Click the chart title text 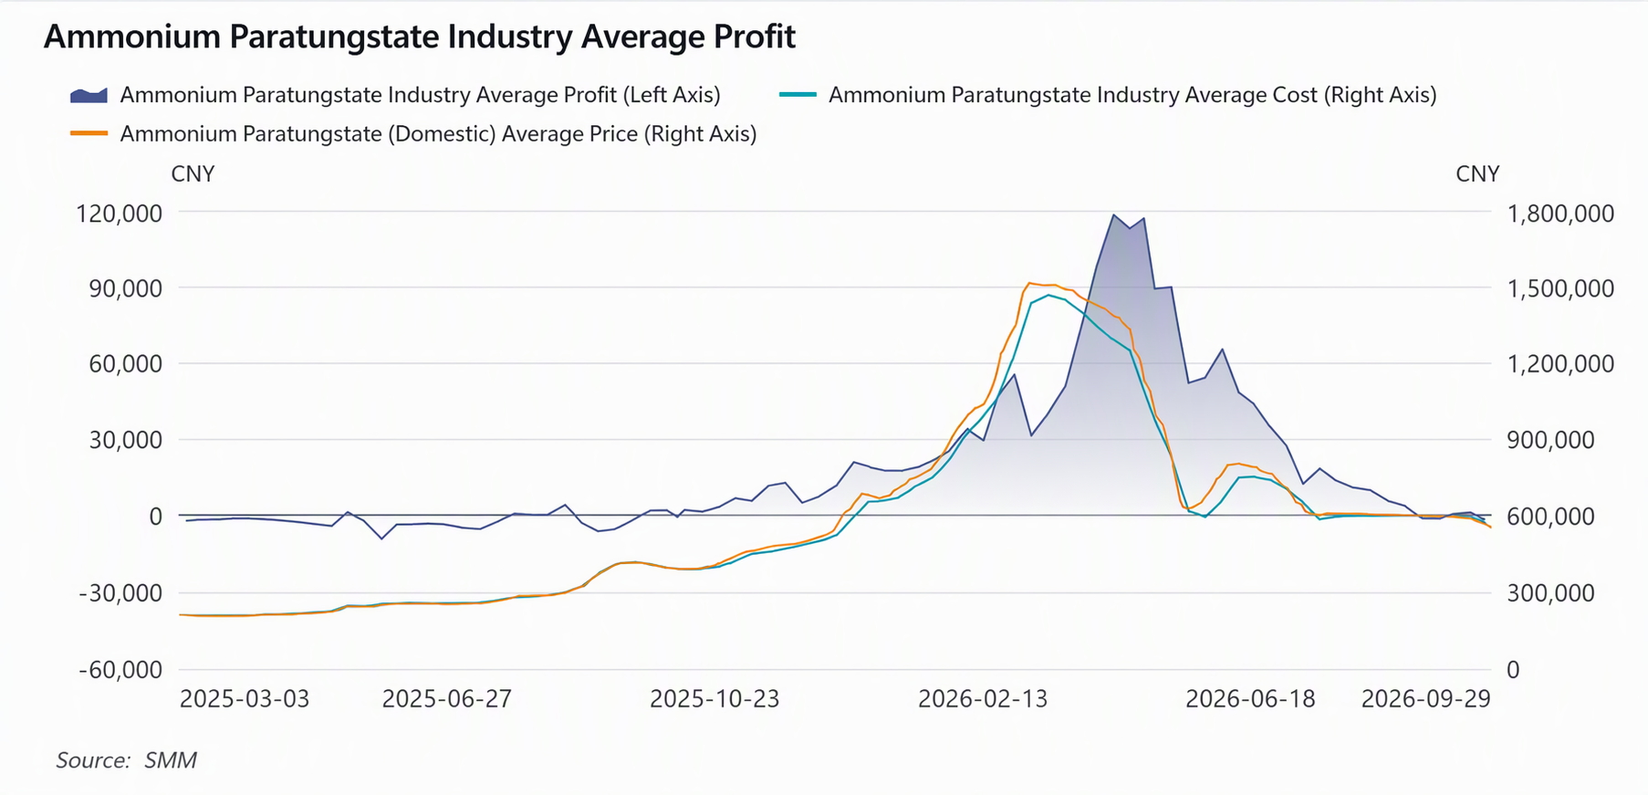(420, 37)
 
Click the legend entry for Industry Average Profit (395, 95)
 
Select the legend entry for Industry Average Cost (1108, 95)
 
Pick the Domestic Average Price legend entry (413, 134)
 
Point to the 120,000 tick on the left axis (120, 214)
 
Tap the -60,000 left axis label (120, 670)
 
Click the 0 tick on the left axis (156, 517)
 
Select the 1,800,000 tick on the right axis (1560, 214)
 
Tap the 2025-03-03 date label (245, 699)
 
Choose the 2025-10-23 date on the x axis (714, 699)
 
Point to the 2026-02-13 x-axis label (983, 699)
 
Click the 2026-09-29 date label (1425, 699)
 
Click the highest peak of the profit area (1113, 214)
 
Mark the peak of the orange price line (1029, 283)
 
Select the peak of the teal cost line (1048, 295)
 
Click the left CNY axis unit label (193, 174)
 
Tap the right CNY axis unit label (1477, 174)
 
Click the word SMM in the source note (171, 760)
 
